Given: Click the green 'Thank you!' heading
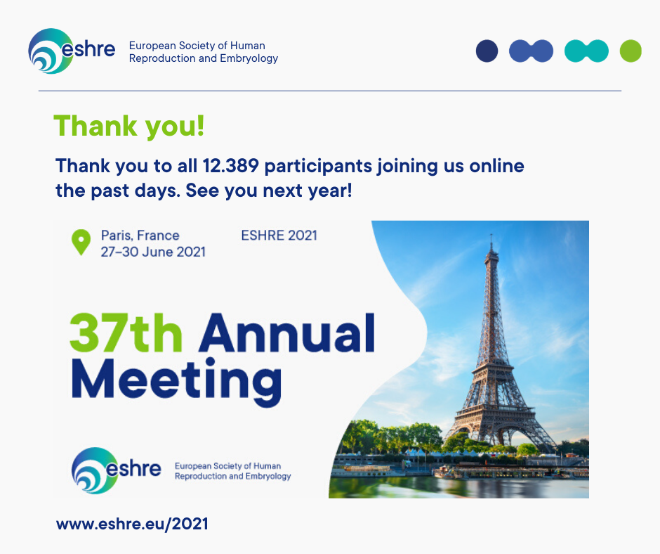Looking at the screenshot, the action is (129, 127).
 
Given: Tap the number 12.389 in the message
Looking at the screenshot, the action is (231, 166).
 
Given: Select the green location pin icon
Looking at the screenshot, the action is (81, 243).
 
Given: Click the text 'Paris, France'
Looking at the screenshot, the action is (140, 236).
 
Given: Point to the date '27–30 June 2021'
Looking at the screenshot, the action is (153, 252).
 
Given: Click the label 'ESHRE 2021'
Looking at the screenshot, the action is (279, 236).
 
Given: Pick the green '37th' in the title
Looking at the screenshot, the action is (126, 333).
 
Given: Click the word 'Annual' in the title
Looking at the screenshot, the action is (287, 333).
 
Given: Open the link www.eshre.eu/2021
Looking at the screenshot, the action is (132, 524).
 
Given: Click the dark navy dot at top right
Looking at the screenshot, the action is (487, 51).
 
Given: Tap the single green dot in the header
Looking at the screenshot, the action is (631, 51).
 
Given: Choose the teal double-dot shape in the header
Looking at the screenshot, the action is (586, 51).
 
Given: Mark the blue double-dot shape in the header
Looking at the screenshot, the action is (532, 51).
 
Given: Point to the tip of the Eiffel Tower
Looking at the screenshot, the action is (491, 233).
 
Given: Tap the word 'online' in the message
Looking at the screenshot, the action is (496, 166).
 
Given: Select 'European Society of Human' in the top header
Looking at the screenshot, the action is (197, 46).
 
